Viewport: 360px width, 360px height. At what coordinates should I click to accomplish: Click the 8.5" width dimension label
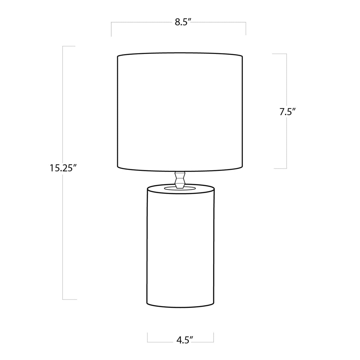[x=183, y=23]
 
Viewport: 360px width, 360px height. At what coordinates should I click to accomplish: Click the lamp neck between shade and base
[x=180, y=179]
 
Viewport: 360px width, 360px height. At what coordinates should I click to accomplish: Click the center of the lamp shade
[x=179, y=112]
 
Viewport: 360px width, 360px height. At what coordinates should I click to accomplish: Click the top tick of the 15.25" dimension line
[x=69, y=46]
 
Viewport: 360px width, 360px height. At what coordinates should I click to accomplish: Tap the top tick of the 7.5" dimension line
[x=279, y=54]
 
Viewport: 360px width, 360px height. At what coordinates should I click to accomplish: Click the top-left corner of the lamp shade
[x=117, y=56]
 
